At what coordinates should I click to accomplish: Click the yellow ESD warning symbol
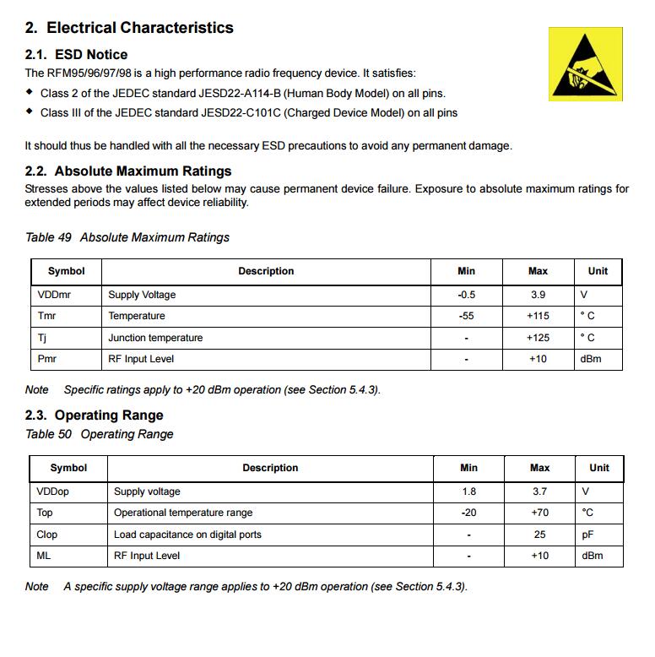(x=585, y=63)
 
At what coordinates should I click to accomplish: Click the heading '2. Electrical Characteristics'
(x=129, y=28)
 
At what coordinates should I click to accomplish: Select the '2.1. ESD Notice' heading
(x=77, y=55)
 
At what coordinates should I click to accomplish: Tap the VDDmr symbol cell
(x=53, y=295)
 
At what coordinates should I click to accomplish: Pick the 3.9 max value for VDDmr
(x=538, y=295)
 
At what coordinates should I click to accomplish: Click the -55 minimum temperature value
(x=466, y=316)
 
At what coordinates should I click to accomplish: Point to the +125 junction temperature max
(x=538, y=338)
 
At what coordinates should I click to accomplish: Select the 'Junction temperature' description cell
(x=155, y=338)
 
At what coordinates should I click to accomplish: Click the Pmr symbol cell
(x=46, y=359)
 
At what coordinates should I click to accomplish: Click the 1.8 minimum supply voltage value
(x=468, y=491)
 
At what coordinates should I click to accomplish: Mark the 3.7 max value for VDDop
(x=539, y=491)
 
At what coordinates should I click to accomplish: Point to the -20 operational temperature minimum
(x=468, y=513)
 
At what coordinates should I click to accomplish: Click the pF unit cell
(x=588, y=535)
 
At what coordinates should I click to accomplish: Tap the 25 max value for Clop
(x=539, y=535)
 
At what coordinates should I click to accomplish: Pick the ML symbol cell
(x=44, y=556)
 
